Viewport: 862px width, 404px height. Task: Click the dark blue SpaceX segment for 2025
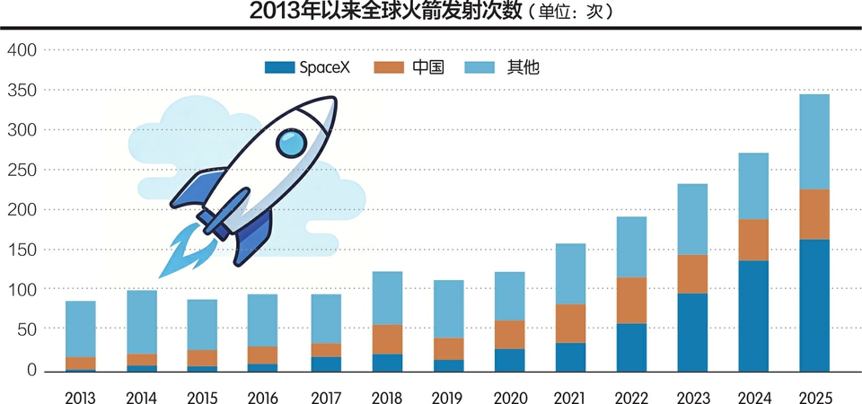(814, 304)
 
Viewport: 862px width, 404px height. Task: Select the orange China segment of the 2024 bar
(753, 240)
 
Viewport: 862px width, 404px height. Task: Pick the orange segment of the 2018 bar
(387, 339)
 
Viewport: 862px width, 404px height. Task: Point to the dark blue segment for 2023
(692, 331)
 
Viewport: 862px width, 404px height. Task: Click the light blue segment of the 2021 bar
(570, 274)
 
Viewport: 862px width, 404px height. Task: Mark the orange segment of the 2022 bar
(631, 300)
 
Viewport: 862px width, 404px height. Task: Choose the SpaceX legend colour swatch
(280, 67)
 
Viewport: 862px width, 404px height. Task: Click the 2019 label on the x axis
(448, 397)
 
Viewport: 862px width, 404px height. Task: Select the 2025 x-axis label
(814, 397)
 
